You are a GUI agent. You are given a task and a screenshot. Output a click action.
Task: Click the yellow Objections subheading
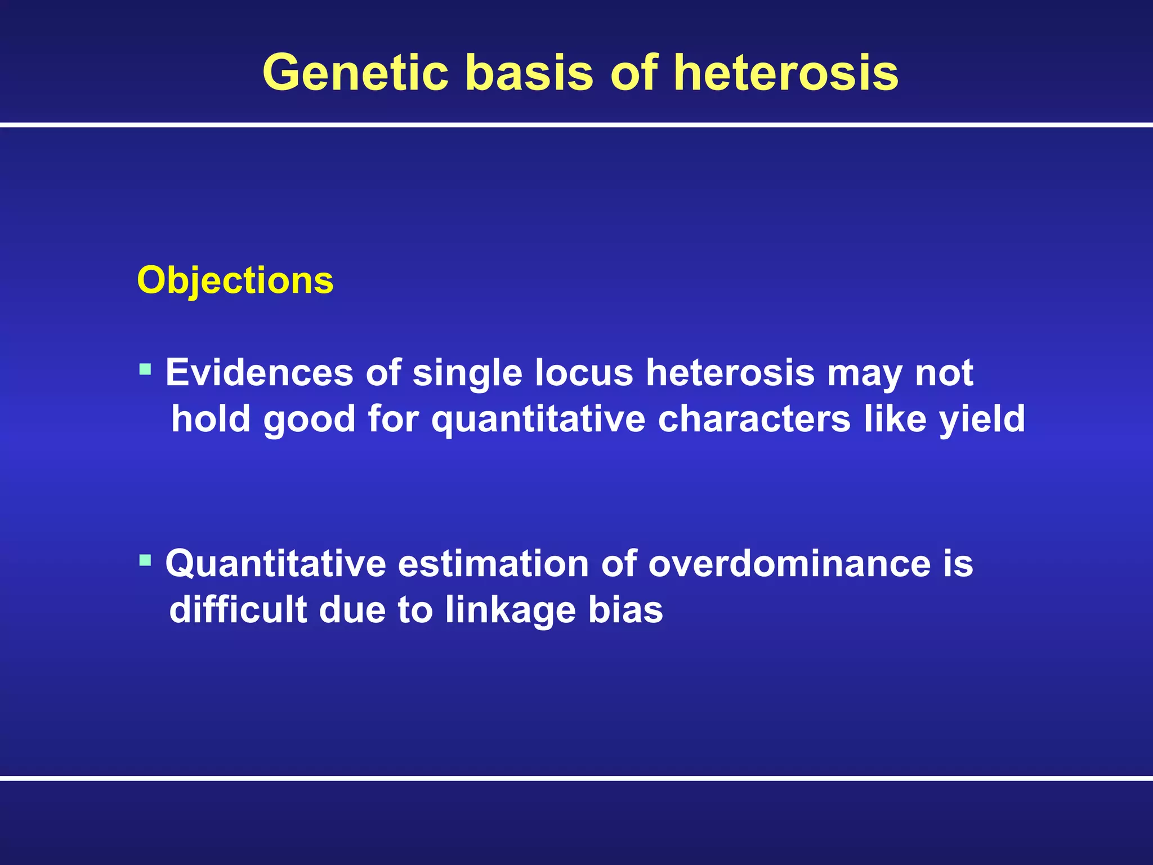tap(235, 280)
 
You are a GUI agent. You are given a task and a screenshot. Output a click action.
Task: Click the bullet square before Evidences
tap(145, 370)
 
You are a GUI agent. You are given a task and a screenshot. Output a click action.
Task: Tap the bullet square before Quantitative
tap(145, 560)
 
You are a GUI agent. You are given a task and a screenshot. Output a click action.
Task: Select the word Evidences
tap(259, 373)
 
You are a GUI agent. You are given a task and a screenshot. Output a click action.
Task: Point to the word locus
tap(583, 373)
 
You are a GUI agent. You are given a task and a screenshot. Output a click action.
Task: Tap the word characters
tap(754, 420)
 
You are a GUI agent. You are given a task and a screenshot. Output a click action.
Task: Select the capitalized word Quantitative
tap(275, 564)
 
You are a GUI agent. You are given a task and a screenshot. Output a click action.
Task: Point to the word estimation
tap(493, 564)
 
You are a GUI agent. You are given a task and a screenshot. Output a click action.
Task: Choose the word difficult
tap(238, 610)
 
